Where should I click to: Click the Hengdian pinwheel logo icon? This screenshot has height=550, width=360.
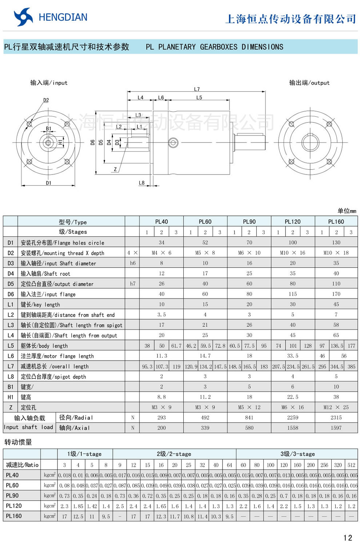click(x=23, y=17)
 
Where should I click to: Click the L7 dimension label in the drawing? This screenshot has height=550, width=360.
click(x=197, y=89)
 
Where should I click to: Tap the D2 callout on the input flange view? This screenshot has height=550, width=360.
click(x=46, y=100)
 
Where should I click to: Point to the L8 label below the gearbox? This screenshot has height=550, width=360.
click(x=141, y=183)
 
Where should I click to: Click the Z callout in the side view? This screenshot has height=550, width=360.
click(x=115, y=169)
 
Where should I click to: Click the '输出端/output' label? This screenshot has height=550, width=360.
click(x=309, y=83)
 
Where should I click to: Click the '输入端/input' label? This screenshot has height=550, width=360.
click(x=49, y=83)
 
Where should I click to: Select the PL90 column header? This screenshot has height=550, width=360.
click(x=249, y=221)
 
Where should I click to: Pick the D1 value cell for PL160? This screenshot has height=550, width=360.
click(x=336, y=242)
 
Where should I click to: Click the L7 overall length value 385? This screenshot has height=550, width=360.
click(x=351, y=366)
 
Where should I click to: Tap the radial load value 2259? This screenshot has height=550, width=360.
click(x=292, y=418)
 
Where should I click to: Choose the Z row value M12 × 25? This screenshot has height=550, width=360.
click(x=336, y=407)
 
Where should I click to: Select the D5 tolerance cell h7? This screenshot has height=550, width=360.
click(x=132, y=284)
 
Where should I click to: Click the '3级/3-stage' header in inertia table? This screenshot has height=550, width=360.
click(x=297, y=454)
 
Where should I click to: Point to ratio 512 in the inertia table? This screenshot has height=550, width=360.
click(x=351, y=465)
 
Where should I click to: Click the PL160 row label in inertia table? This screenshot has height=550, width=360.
click(x=14, y=516)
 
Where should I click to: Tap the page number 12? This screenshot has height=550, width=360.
click(x=348, y=538)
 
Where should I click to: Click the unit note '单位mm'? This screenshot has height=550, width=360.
click(x=347, y=211)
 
